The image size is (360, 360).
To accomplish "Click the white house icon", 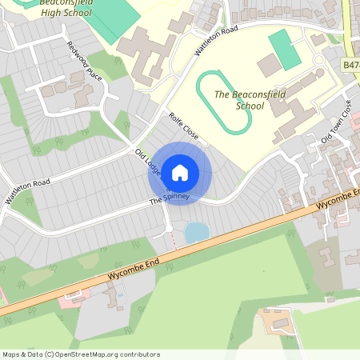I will click(180, 171).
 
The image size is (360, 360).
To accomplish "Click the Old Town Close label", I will click(337, 122).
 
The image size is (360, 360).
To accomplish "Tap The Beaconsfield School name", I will click(250, 99).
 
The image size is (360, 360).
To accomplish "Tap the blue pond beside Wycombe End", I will click(196, 233).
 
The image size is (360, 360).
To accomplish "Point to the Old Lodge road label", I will click(150, 162).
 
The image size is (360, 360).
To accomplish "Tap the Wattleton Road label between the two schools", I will click(216, 40).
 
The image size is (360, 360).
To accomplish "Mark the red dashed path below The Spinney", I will click(170, 237).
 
